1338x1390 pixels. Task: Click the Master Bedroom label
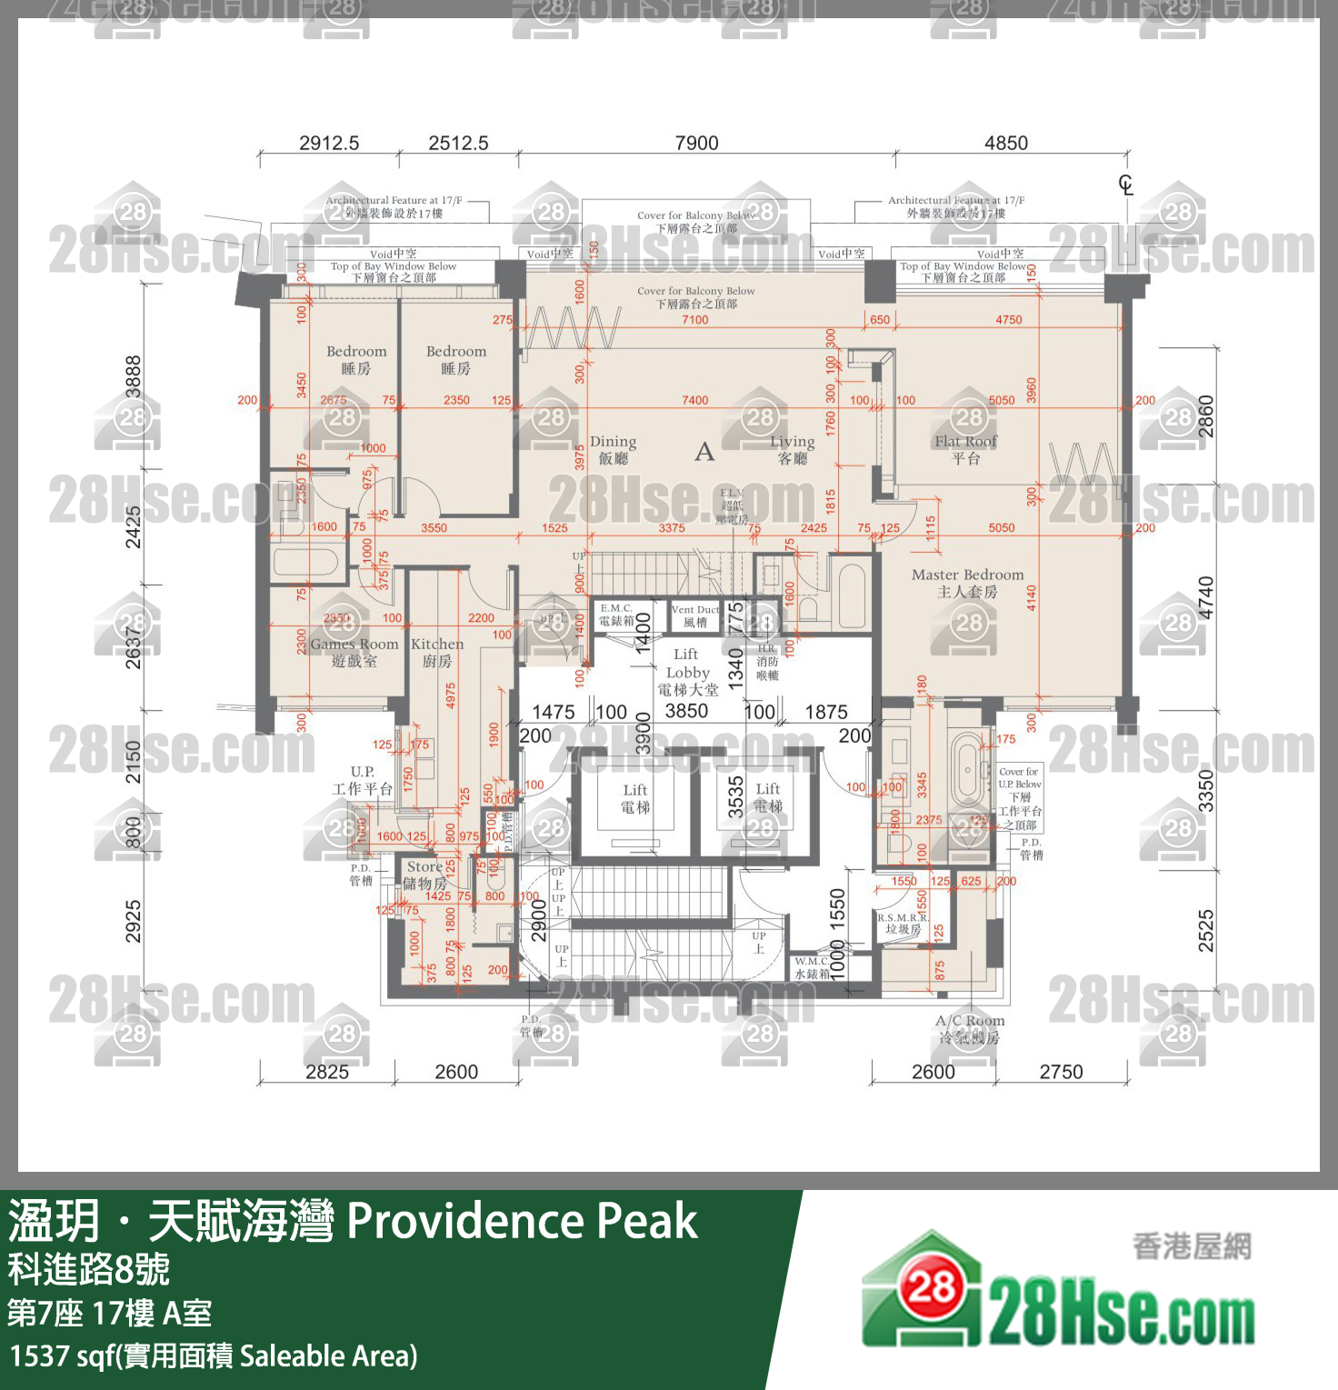[x=967, y=583]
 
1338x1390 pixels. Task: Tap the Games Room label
[x=354, y=652]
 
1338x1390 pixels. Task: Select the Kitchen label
[x=437, y=652]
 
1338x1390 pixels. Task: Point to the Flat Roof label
[x=965, y=449]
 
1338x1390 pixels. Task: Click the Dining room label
[x=614, y=449]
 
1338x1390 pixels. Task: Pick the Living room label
[x=793, y=449]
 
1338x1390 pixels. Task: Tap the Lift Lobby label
[x=687, y=672]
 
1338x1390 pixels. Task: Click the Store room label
[x=424, y=875]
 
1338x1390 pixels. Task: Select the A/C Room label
[x=970, y=1028]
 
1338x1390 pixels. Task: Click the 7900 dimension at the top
[x=696, y=143]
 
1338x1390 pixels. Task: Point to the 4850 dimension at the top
[x=1006, y=143]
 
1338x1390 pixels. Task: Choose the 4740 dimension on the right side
[x=1205, y=598]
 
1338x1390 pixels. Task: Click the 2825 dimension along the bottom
[x=327, y=1072]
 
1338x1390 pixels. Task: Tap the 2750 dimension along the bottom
[x=1061, y=1072]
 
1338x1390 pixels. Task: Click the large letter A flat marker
[x=704, y=452]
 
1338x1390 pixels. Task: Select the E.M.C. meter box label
[x=616, y=615]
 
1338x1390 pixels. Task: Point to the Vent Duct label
[x=695, y=615]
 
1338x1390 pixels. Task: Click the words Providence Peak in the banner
[x=522, y=1220]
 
